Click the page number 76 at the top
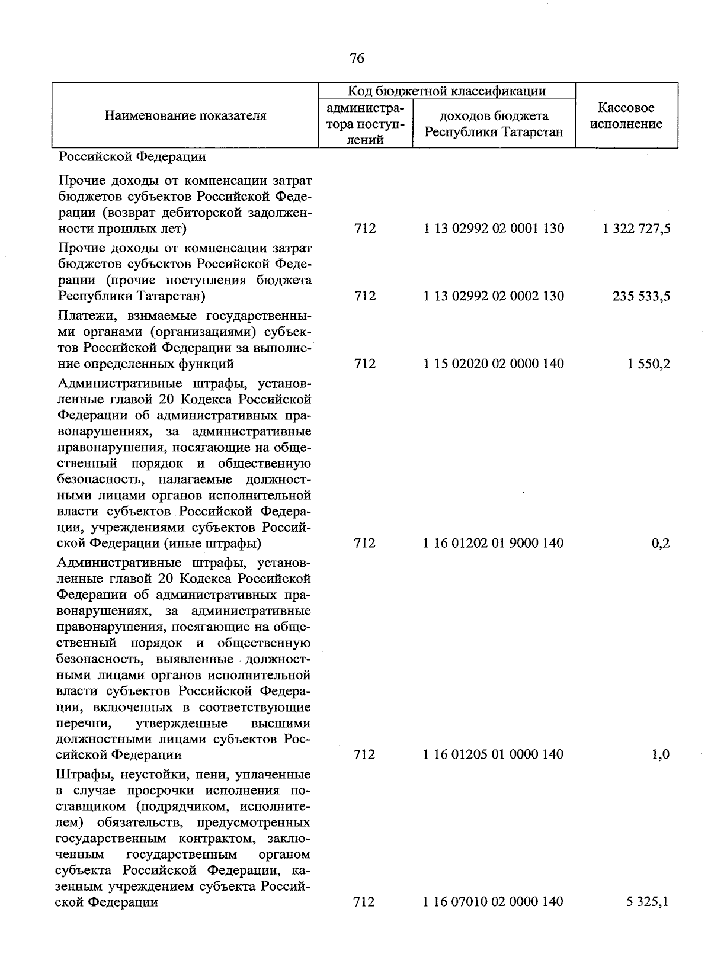(x=357, y=58)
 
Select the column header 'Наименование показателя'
(x=185, y=115)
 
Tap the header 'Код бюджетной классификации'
(x=446, y=91)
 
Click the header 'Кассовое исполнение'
(x=626, y=115)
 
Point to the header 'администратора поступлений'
(x=365, y=124)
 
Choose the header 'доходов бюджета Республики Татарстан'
(x=494, y=124)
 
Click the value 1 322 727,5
(x=636, y=229)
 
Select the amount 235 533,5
(x=641, y=296)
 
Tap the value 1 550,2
(x=649, y=364)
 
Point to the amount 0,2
(x=660, y=543)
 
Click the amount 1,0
(x=660, y=754)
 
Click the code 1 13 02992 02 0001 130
(x=494, y=229)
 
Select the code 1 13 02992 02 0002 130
(x=494, y=296)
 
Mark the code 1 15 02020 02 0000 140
(x=494, y=364)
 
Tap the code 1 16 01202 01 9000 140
(x=494, y=543)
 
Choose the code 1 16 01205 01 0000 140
(x=494, y=754)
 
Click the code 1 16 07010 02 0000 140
(x=494, y=902)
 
